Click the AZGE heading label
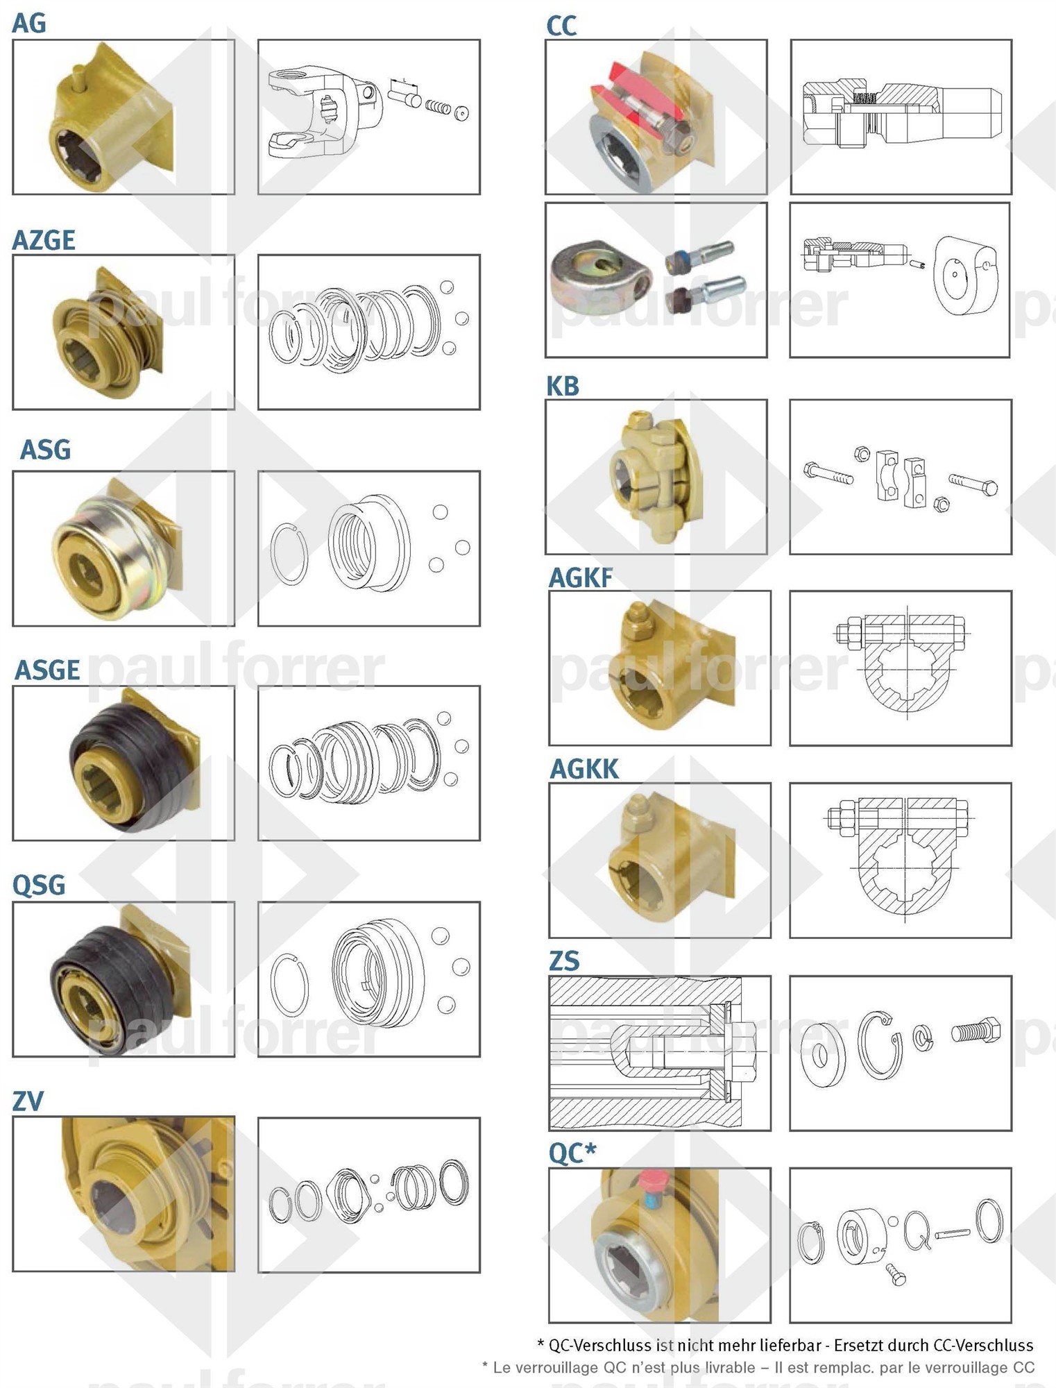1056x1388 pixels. pyautogui.click(x=44, y=240)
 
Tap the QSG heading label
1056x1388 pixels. pyautogui.click(x=39, y=885)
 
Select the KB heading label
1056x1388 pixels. pyautogui.click(x=563, y=386)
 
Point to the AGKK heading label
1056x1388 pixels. pyautogui.click(x=584, y=769)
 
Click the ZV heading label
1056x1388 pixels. pyautogui.click(x=28, y=1101)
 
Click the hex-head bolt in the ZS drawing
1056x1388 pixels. pyautogui.click(x=976, y=1031)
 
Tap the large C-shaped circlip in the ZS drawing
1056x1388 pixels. pyautogui.click(x=880, y=1045)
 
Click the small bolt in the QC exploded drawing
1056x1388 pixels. pyautogui.click(x=896, y=1274)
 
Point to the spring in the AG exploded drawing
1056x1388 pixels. pyautogui.click(x=437, y=107)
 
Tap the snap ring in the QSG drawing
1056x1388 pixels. pyautogui.click(x=289, y=985)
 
